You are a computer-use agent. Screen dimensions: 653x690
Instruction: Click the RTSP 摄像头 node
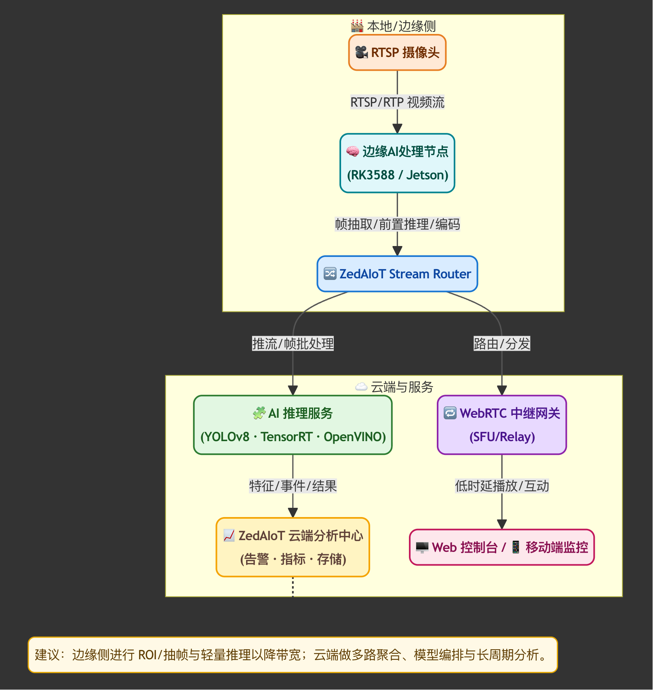[397, 53]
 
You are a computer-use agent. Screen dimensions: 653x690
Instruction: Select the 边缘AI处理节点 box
[397, 163]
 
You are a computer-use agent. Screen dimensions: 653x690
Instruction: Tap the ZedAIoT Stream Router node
[397, 274]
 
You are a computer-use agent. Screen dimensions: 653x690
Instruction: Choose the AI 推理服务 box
[293, 425]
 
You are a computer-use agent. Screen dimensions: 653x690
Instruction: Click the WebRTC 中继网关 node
[502, 425]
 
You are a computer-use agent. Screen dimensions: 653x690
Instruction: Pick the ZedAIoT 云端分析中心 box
[293, 547]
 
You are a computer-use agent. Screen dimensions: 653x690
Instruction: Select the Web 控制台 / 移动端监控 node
[502, 547]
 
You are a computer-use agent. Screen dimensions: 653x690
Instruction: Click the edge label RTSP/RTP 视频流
[397, 102]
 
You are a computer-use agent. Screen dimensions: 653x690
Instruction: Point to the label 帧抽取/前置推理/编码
[397, 224]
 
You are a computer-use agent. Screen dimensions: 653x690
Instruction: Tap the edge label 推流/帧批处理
[293, 344]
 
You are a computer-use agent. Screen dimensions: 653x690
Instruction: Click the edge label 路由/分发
[502, 344]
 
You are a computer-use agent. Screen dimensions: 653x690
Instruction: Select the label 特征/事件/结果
[293, 486]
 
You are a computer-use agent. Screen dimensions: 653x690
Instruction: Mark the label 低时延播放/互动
[502, 486]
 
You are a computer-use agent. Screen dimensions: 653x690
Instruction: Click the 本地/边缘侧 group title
[401, 26]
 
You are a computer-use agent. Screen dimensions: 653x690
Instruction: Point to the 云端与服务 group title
[402, 387]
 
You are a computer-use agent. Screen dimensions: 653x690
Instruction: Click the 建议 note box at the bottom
[293, 655]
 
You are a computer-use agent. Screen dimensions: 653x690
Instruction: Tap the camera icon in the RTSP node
[361, 52]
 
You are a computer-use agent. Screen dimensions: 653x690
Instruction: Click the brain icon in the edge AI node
[353, 151]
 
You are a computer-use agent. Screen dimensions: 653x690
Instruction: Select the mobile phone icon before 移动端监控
[516, 547]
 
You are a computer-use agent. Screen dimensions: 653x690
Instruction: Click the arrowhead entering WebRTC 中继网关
[502, 391]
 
